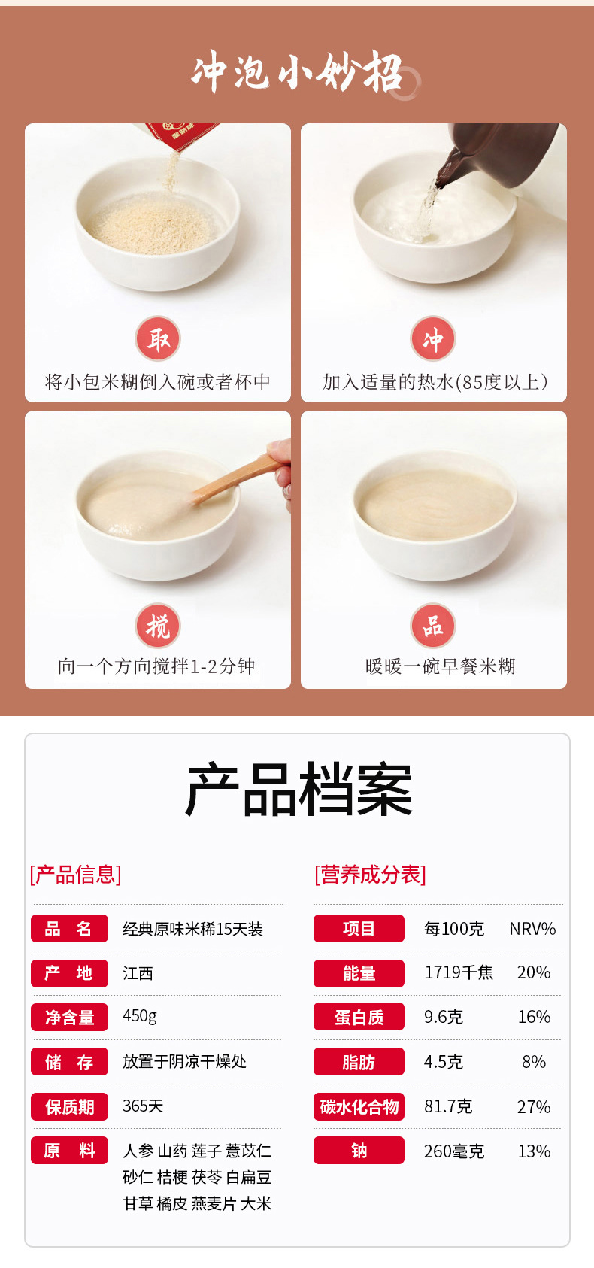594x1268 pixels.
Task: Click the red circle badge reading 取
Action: pyautogui.click(x=158, y=338)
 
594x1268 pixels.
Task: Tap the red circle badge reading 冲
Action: pyautogui.click(x=433, y=338)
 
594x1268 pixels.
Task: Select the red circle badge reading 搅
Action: pyautogui.click(x=158, y=626)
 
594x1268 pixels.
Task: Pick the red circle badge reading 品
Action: pyautogui.click(x=433, y=626)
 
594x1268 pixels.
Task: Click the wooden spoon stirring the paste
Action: pyautogui.click(x=238, y=478)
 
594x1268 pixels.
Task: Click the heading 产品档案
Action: pyautogui.click(x=299, y=789)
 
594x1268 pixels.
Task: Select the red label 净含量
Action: pyautogui.click(x=70, y=1018)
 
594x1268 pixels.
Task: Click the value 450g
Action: pyautogui.click(x=140, y=1016)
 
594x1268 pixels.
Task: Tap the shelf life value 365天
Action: pyautogui.click(x=143, y=1106)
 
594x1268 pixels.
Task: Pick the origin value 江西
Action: pyautogui.click(x=138, y=973)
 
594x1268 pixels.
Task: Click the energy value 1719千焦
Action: pyautogui.click(x=459, y=972)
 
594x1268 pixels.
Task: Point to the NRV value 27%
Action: pyautogui.click(x=533, y=1106)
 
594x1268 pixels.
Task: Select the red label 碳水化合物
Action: pyautogui.click(x=359, y=1106)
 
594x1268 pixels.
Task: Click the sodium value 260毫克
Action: pyautogui.click(x=454, y=1151)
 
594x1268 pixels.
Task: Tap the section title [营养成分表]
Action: pyautogui.click(x=371, y=875)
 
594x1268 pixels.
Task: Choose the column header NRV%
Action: pyautogui.click(x=532, y=929)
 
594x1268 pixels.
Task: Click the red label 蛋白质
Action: pyautogui.click(x=359, y=1018)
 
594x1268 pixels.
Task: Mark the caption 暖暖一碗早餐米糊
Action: pyautogui.click(x=441, y=666)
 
